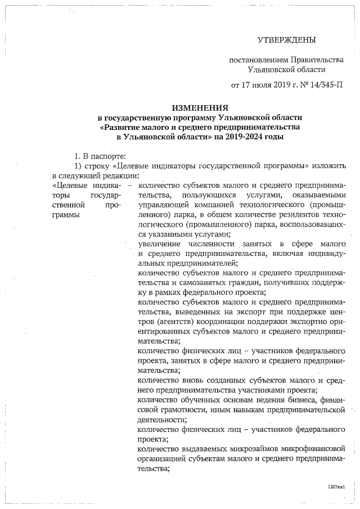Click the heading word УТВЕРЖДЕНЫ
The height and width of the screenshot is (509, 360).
click(x=286, y=40)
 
